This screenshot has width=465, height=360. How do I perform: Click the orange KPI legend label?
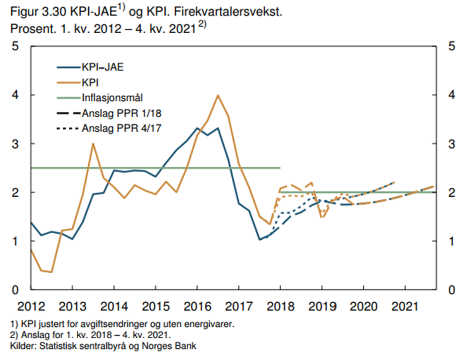tap(90, 82)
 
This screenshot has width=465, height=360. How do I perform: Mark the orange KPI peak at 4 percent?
tap(218, 95)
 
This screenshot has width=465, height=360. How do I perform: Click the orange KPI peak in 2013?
tap(93, 144)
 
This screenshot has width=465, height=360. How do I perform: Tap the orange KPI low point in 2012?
tap(51, 272)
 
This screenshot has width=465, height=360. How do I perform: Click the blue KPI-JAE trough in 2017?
tap(260, 240)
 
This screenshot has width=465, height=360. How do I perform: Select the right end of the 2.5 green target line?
tap(279, 168)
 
